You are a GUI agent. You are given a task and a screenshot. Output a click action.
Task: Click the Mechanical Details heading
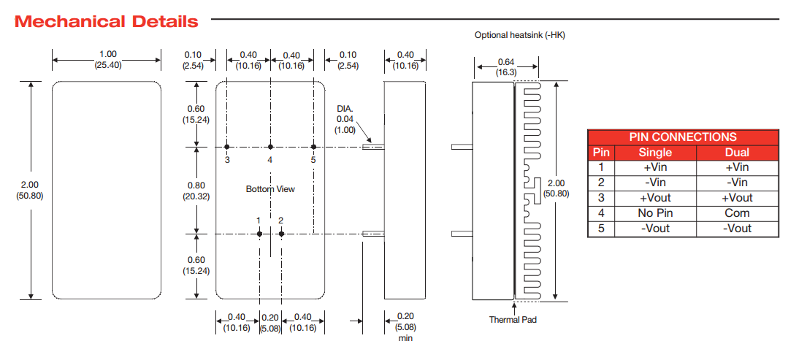[107, 21]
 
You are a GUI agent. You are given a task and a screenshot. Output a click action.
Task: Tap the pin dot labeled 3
[227, 147]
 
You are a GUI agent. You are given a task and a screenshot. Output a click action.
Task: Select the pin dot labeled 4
[270, 147]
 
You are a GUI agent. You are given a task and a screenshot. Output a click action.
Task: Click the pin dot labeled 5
[313, 147]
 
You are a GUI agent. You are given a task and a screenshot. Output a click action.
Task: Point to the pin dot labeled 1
[260, 234]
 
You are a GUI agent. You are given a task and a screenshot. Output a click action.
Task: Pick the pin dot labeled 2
[281, 234]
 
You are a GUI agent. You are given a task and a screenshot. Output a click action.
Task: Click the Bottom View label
[270, 189]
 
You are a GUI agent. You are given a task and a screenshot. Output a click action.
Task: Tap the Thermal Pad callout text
[513, 319]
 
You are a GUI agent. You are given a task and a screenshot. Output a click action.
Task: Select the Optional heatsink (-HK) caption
[519, 35]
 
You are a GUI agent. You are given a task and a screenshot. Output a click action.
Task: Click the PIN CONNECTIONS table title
[683, 137]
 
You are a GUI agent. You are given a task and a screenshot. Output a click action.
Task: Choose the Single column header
[655, 152]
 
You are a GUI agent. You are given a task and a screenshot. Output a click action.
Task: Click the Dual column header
[737, 152]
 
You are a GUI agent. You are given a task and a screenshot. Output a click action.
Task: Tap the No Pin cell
[655, 213]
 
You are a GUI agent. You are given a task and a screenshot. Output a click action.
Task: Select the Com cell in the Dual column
[737, 213]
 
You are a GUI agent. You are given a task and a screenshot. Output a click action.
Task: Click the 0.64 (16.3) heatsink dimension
[506, 67]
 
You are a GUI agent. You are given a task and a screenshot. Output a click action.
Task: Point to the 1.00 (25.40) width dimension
[107, 60]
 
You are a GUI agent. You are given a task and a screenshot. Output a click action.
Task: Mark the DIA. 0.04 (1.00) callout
[345, 118]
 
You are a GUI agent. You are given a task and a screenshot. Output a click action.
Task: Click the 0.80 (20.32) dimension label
[196, 191]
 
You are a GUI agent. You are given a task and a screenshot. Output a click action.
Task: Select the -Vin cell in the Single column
[655, 183]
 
